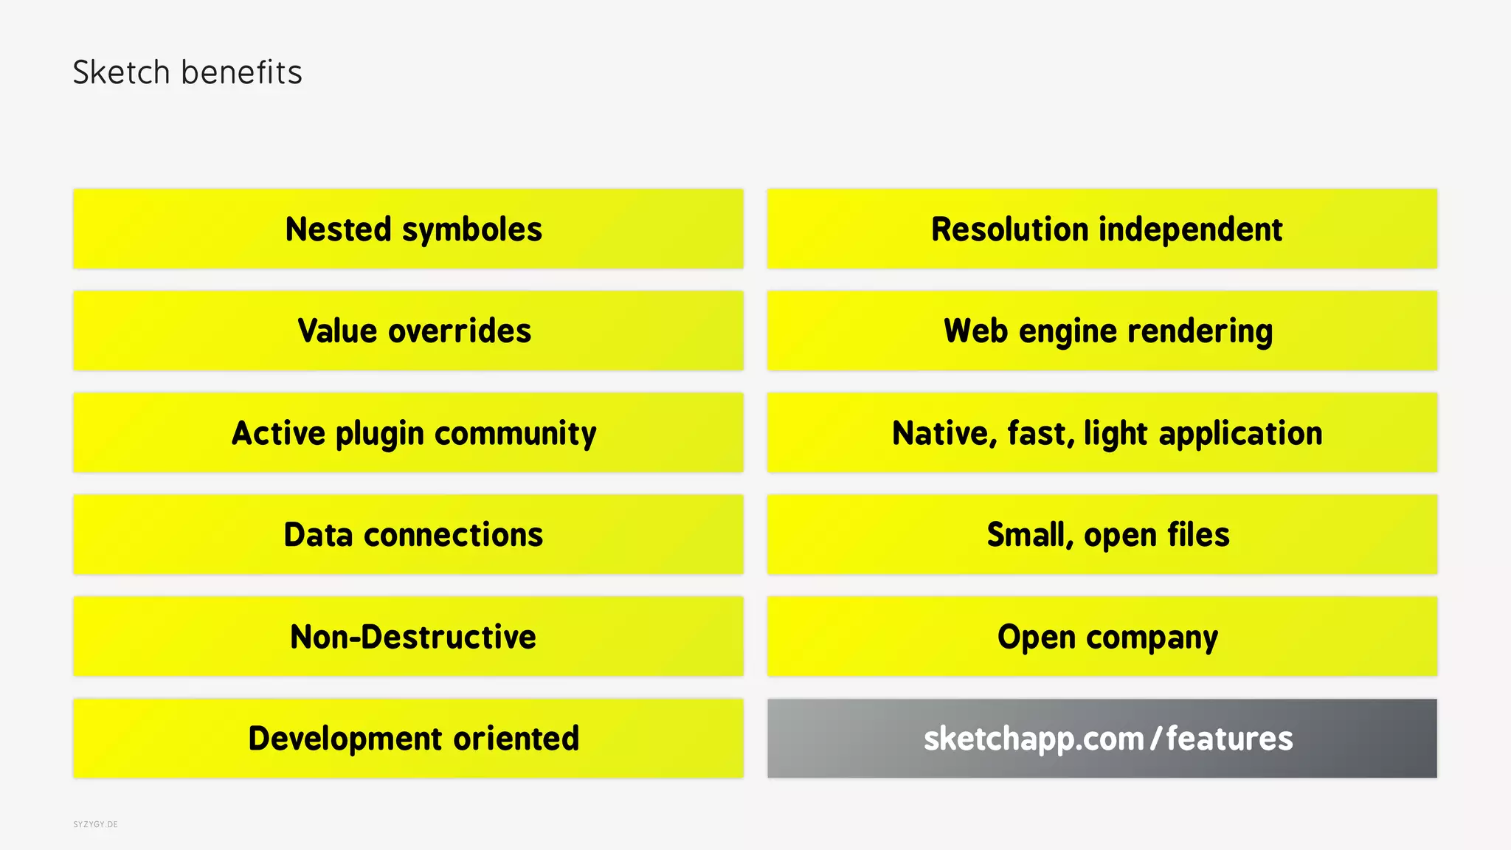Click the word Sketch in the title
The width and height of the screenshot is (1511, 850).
pos(122,72)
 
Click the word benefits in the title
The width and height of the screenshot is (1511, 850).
pos(241,72)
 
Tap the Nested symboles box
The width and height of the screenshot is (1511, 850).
pos(408,229)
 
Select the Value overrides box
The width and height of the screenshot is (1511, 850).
pos(408,331)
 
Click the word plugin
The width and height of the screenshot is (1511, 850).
pos(380,434)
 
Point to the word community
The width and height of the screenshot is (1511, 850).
pos(515,434)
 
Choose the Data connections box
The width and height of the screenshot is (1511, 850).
pos(408,535)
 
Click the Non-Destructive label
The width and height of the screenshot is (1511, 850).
pos(413,637)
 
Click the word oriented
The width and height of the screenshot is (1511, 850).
pos(516,739)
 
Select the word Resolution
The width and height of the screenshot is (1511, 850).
pos(1009,229)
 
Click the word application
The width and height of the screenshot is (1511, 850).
pos(1240,434)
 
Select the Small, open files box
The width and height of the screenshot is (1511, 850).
pos(1102,535)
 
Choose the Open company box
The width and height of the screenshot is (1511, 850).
pos(1102,637)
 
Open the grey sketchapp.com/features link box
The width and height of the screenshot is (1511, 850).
pos(1102,739)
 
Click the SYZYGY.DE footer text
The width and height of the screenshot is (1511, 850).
pos(95,824)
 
